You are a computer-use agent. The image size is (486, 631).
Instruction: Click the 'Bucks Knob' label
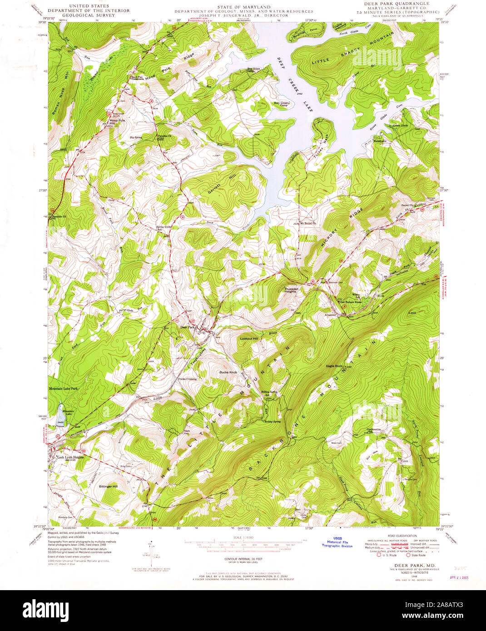click(x=228, y=372)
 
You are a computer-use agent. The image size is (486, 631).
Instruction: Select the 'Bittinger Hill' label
click(x=108, y=486)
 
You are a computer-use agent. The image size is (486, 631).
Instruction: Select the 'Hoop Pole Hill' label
click(x=116, y=122)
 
